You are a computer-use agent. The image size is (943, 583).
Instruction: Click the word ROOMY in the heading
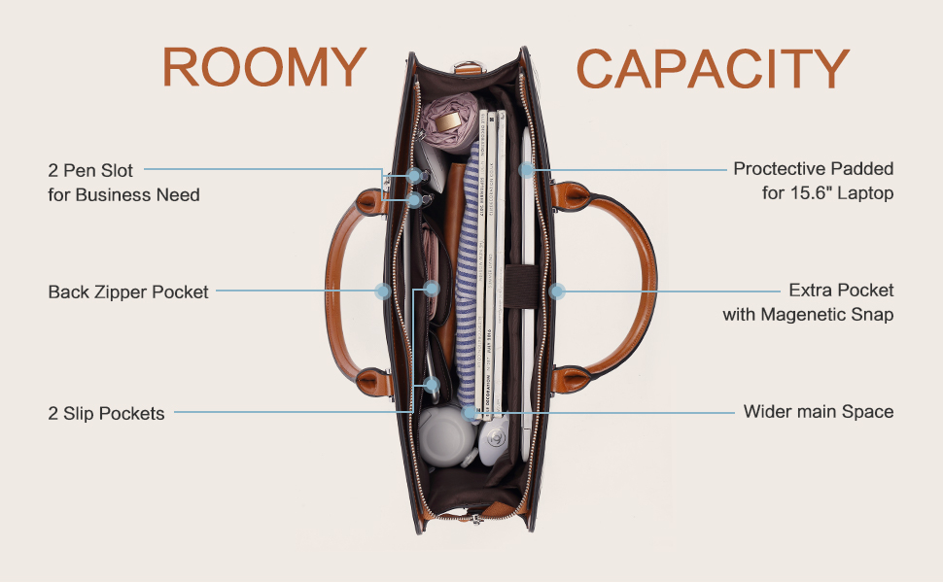263,68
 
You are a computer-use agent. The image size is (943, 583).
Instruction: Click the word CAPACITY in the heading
713,68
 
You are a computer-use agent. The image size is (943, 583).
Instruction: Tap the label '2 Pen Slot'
90,170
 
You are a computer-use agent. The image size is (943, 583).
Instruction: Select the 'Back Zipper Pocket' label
128,291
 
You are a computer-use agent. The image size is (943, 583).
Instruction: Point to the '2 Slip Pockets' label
106,413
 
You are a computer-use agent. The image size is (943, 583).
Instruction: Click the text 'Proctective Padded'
813,169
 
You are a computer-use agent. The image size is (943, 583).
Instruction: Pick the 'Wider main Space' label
818,412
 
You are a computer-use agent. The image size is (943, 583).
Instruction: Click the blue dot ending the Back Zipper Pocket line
382,291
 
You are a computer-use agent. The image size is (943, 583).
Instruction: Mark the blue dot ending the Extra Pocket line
557,291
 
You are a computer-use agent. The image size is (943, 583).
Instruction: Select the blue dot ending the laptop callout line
526,169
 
